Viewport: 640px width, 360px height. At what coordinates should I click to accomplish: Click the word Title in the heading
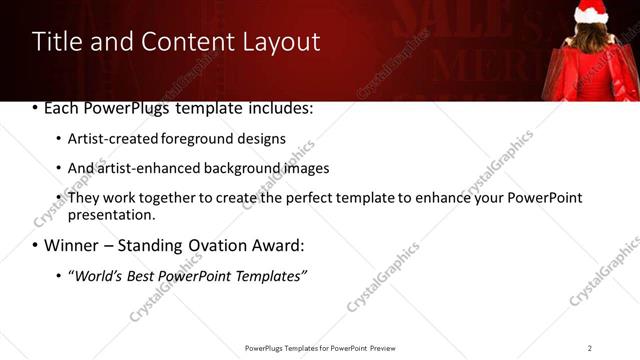pos(56,42)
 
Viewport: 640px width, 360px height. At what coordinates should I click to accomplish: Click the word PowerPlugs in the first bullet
pos(126,107)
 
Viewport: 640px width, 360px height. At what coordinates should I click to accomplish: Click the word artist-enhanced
pos(144,168)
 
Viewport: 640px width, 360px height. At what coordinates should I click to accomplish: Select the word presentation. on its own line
pos(111,214)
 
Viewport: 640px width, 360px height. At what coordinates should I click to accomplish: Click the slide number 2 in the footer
pos(589,347)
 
